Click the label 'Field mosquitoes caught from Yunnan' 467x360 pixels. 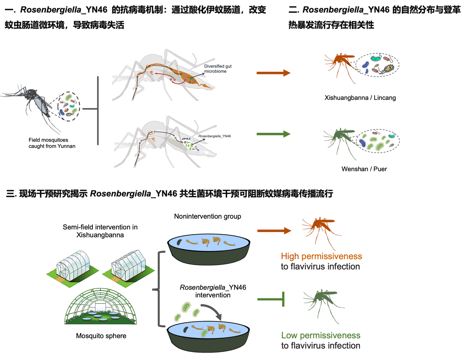tap(52, 143)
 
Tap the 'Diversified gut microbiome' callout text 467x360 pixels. tap(218, 69)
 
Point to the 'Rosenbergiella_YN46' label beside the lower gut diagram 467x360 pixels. tap(215, 136)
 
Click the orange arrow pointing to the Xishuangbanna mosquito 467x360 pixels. tap(273, 73)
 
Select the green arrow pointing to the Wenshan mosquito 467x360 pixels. tap(273, 134)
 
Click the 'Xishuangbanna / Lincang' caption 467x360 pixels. tap(360, 98)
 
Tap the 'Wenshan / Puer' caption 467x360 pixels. tap(364, 169)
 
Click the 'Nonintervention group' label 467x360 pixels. tap(207, 216)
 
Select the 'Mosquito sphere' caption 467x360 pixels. tap(101, 336)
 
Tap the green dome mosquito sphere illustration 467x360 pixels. tap(101, 307)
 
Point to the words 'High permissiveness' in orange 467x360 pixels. tap(321, 256)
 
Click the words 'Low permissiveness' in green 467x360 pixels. tap(320, 335)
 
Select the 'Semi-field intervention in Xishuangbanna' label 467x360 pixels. tap(100, 231)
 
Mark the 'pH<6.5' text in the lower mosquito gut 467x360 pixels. tap(186, 139)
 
